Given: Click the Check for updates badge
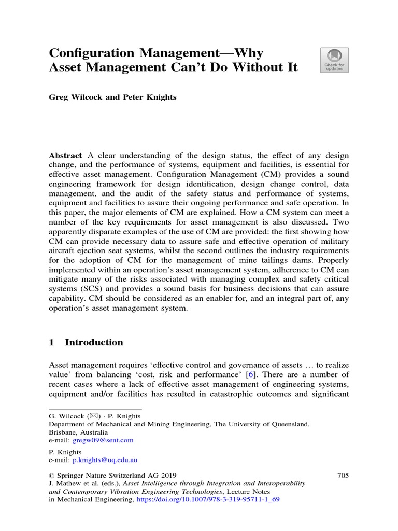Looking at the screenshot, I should (334, 60).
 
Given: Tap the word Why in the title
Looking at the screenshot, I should (247, 53).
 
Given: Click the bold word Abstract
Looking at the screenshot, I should (65, 156).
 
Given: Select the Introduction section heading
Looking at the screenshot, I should (94, 342).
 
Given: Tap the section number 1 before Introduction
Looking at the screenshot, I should (52, 342).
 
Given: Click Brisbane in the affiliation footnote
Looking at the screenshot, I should (65, 432).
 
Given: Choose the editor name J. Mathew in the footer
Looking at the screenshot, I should (67, 483).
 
